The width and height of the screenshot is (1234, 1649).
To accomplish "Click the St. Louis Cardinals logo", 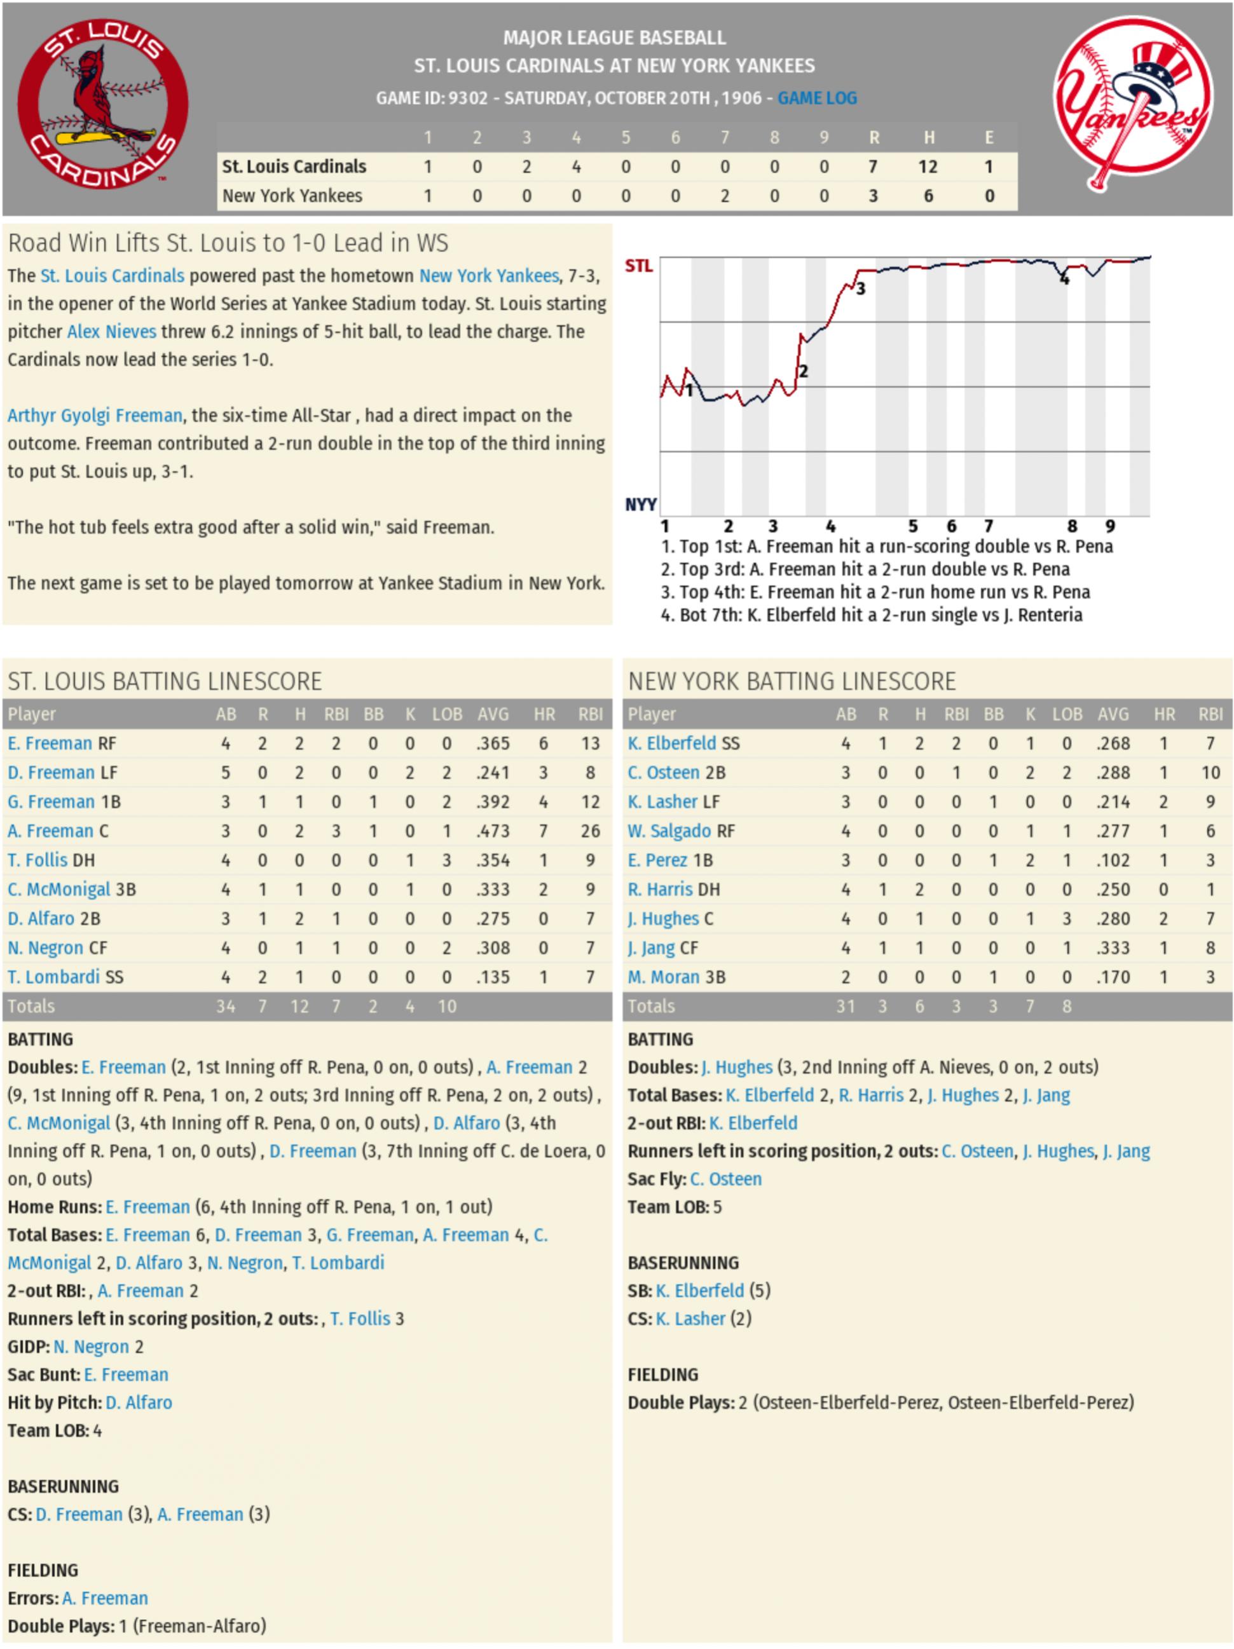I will point(102,103).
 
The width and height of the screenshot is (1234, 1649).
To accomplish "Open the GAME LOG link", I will point(816,98).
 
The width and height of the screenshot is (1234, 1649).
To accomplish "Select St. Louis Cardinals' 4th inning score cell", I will point(575,167).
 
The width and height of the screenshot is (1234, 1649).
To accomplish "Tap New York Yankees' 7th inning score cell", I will point(724,196).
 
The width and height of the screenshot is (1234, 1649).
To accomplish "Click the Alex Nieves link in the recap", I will point(112,332).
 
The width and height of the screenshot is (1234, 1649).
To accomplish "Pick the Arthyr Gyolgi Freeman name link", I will point(95,415).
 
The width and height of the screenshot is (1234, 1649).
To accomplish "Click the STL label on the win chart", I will point(638,266).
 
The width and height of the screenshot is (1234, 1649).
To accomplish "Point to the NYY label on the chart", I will point(640,505).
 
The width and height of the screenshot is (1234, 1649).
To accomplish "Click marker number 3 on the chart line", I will point(860,289).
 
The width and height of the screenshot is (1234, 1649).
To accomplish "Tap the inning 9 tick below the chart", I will point(1109,526).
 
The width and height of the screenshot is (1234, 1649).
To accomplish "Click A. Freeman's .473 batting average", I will point(493,831).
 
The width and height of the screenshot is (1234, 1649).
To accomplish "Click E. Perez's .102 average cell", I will point(1113,860).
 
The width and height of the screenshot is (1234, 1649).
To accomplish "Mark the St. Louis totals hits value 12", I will point(299,1007).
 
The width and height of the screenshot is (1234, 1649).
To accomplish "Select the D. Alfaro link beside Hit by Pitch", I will point(139,1403).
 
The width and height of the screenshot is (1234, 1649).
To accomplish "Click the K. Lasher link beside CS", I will point(690,1319).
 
